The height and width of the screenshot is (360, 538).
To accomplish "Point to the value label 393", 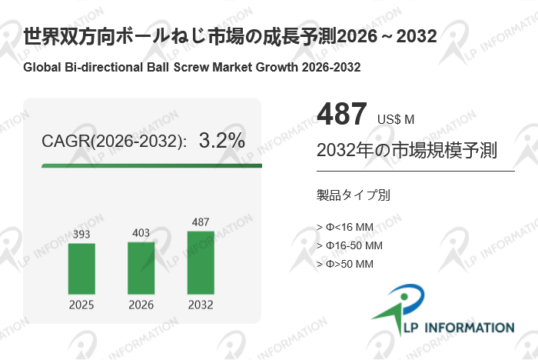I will click(81, 234).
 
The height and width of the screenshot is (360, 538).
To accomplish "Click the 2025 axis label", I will click(81, 305).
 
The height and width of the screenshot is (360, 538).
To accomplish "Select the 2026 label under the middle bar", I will click(141, 305).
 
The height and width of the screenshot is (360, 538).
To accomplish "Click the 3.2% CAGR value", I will click(221, 141).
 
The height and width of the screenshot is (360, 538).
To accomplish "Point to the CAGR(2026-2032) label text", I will click(114, 142).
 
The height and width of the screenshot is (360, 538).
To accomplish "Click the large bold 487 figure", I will click(342, 115).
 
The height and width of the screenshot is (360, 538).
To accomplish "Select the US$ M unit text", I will click(396, 119).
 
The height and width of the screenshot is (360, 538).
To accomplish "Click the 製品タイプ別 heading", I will click(353, 195).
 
